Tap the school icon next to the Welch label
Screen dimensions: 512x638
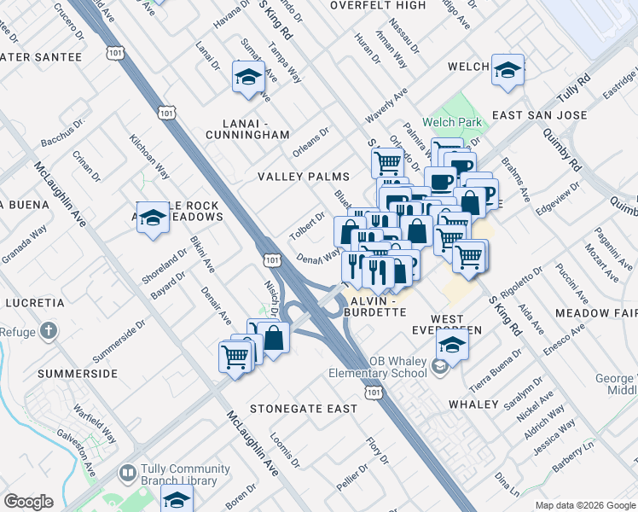tap(507, 72)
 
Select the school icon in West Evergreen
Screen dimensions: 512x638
tap(452, 346)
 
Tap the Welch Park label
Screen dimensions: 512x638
tap(451, 122)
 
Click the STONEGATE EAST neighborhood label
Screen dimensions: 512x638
tap(304, 409)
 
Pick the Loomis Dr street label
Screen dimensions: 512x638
tap(284, 451)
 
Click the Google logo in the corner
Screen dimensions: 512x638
tap(29, 502)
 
